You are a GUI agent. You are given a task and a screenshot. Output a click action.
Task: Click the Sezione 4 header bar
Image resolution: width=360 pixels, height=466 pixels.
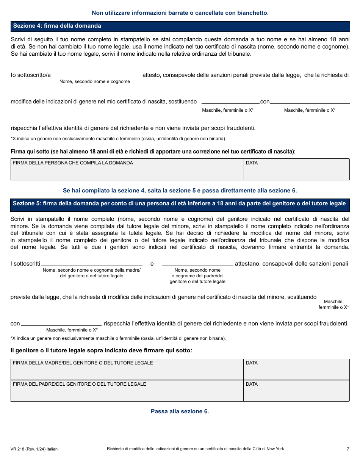point(180,26)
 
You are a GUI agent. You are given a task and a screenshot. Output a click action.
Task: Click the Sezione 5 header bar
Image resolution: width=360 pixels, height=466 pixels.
point(180,204)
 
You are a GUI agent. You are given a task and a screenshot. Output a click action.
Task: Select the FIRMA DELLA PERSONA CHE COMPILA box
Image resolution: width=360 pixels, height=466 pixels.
point(127,170)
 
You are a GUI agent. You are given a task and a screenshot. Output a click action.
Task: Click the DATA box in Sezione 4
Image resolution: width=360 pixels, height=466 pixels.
point(296,170)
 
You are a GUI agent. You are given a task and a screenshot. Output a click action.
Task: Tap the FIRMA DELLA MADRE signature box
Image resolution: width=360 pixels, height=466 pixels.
point(127,370)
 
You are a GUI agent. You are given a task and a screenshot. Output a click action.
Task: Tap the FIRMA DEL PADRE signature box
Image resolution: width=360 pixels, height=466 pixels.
point(127,391)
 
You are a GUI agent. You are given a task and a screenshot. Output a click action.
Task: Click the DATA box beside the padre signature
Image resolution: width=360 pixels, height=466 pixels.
point(296,391)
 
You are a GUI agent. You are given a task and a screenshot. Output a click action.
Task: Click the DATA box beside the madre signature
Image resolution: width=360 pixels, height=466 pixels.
point(296,370)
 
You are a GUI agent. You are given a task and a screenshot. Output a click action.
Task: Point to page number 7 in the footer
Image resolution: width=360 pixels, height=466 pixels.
point(347,449)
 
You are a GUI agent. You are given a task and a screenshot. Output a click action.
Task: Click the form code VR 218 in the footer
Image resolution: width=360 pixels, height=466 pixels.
point(34,449)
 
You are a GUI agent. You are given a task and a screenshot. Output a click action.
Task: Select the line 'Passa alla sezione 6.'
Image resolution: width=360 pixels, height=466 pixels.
point(180,411)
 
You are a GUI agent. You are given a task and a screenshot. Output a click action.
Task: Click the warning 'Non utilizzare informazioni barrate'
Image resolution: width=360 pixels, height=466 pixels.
point(180,13)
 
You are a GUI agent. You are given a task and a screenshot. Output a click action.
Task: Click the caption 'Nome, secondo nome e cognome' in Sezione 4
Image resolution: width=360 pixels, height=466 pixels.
point(95,81)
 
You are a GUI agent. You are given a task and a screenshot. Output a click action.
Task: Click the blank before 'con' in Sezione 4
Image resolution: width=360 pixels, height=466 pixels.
point(230,101)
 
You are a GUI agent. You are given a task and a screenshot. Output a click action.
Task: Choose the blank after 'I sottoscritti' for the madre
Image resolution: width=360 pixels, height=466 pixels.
point(91,263)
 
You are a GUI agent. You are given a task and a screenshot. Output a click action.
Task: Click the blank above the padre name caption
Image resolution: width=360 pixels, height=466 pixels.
point(197,263)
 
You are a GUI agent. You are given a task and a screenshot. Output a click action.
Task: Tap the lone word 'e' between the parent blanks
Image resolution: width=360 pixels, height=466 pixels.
point(152,264)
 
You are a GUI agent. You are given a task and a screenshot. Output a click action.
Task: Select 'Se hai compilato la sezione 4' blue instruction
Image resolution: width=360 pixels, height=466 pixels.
point(180,191)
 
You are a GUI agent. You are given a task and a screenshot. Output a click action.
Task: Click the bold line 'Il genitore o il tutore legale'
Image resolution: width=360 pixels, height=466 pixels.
point(101,350)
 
